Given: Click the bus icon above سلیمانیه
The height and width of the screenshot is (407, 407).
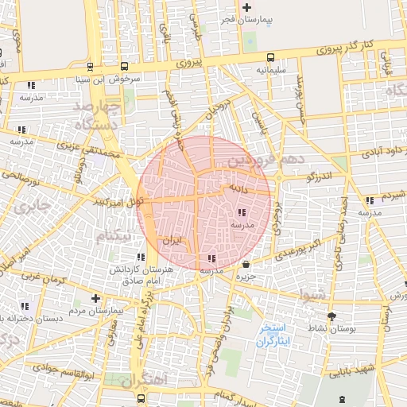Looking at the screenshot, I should (271, 57).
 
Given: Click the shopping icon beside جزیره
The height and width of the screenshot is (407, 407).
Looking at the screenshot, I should (246, 264).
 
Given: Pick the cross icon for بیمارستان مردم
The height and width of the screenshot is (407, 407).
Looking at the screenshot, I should (96, 299).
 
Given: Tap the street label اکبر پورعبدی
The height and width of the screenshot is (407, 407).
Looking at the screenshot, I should (304, 246).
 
